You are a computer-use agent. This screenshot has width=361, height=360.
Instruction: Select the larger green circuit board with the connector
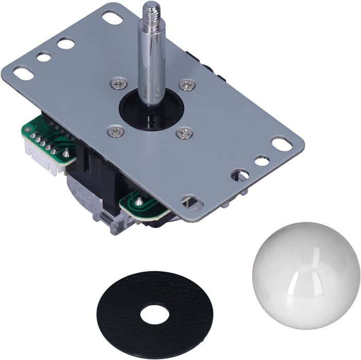pos(52,139)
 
